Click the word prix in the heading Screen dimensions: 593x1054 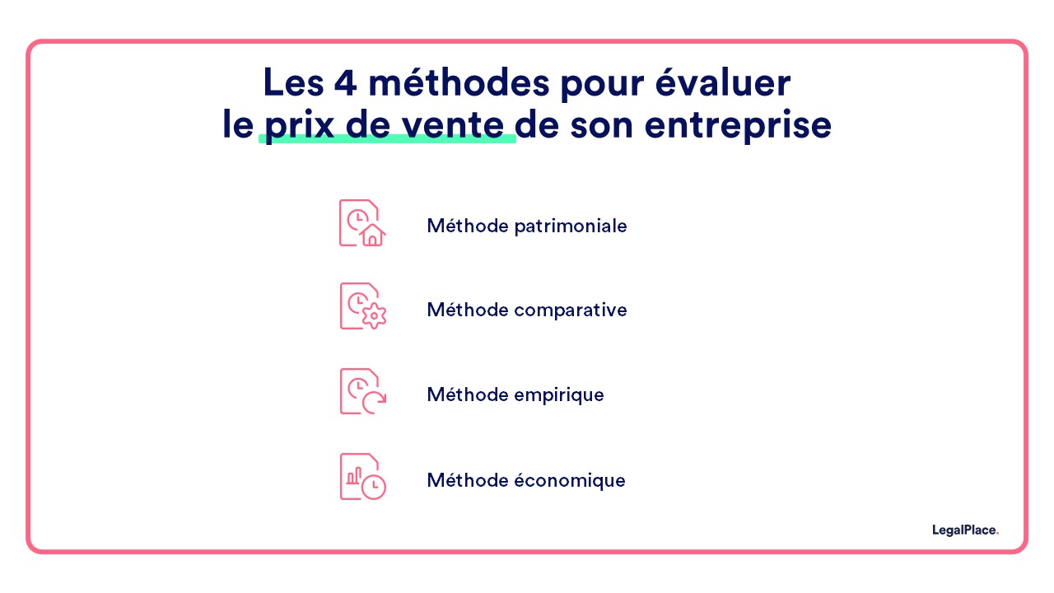299,126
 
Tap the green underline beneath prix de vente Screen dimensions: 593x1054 387,139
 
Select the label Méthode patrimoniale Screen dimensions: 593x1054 526,226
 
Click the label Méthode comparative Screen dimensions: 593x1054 526,311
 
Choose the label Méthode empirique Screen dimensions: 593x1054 515,395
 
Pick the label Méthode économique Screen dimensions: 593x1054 525,480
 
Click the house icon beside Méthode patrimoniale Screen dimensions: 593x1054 372,236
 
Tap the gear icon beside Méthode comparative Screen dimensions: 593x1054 375,316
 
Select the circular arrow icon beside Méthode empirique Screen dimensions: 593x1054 375,401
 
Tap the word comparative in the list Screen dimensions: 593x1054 570,311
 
